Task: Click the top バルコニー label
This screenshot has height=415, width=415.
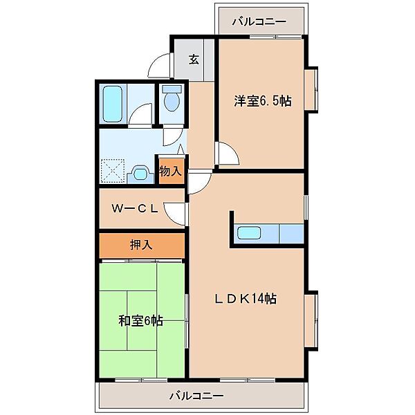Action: tap(259, 21)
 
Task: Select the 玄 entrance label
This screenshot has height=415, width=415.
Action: tap(194, 59)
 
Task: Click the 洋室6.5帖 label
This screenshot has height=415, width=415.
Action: tap(262, 101)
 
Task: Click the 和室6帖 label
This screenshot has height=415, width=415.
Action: tap(140, 320)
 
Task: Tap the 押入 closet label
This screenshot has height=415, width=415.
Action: tap(141, 243)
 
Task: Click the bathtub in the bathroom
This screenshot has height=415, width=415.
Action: tap(111, 102)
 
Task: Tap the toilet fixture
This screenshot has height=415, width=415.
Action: tap(171, 101)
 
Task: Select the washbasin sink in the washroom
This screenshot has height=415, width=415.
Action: tap(141, 171)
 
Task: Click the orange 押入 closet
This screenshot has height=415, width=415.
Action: tap(141, 245)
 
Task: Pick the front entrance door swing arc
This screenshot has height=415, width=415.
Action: tap(160, 69)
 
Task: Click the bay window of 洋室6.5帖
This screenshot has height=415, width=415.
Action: tap(312, 89)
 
